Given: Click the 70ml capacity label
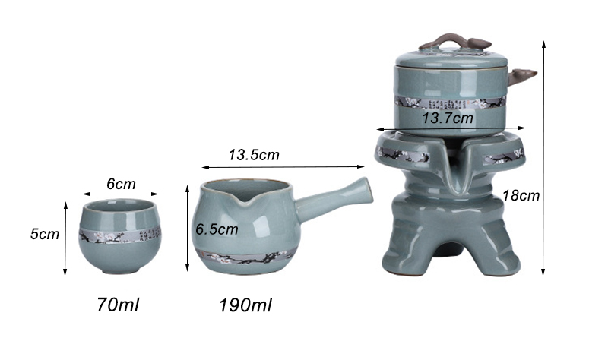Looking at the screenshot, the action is coord(118,305).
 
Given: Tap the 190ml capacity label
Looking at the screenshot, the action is coord(245,305).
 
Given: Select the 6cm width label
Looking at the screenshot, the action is coord(121,184).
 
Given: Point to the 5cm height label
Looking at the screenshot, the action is coord(45,234).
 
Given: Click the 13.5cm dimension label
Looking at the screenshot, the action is coord(254,155).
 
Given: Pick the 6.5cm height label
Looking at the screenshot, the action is coord(217,229).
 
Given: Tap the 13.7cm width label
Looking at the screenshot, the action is coord(448,118).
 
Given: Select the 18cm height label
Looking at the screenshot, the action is coord(521,195).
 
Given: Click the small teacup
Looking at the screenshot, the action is coord(119,236).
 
